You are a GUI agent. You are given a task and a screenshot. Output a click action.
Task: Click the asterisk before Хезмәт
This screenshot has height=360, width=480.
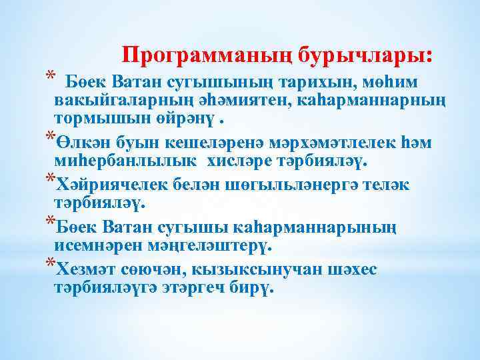tap(47, 265)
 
